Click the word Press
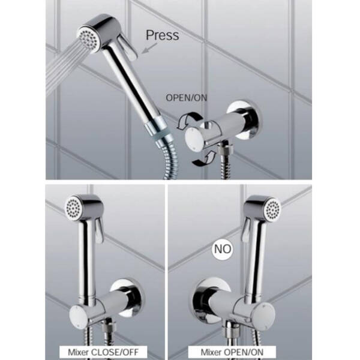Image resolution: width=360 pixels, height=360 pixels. point(163,35)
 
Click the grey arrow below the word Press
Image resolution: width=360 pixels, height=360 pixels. point(149,48)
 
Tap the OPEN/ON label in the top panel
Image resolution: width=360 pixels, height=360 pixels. point(186,98)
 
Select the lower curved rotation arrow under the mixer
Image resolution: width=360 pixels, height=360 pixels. point(205,158)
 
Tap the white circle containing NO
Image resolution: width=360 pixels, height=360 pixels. point(222,249)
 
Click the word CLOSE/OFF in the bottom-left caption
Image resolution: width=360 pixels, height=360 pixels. point(115,352)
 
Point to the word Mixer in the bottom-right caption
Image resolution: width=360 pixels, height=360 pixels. point(211,352)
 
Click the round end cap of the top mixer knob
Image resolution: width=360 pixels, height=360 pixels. point(194,140)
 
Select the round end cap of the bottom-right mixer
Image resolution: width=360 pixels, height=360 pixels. point(266,314)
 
